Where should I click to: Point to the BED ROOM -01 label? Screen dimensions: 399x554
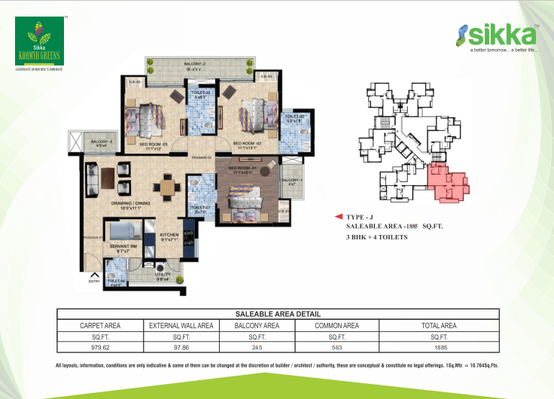[247, 169]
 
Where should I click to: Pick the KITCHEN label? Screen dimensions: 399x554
[169, 236]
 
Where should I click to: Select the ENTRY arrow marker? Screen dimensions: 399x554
[94, 276]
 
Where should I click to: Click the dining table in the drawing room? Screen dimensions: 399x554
[168, 185]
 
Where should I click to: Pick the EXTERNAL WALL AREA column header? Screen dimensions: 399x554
[181, 325]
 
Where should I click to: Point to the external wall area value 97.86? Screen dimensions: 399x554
[181, 348]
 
